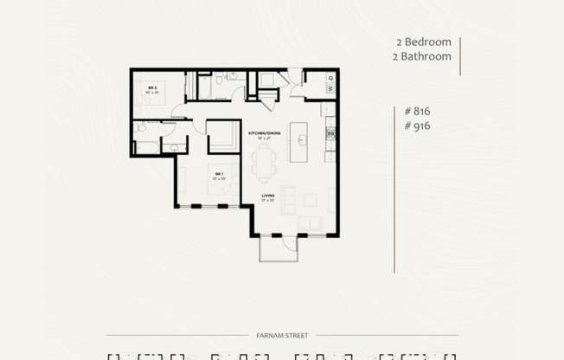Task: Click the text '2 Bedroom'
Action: (422, 42)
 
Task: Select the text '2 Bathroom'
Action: (421, 56)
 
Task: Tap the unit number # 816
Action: (417, 111)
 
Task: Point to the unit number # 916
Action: (417, 125)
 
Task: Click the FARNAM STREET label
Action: (282, 335)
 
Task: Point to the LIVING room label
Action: (268, 197)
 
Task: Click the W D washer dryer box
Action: (330, 84)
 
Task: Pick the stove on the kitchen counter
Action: (330, 134)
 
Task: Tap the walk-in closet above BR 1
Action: (224, 136)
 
